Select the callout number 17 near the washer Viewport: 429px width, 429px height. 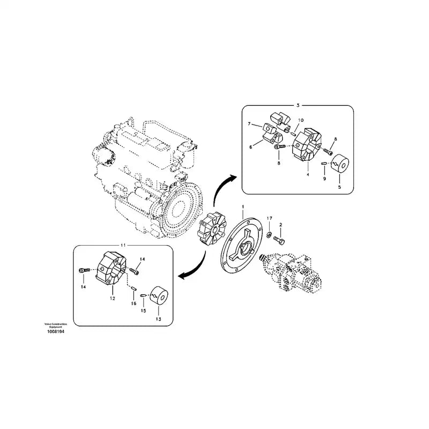(x=270, y=218)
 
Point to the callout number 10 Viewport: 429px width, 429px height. (x=300, y=120)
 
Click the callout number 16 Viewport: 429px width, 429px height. (x=133, y=303)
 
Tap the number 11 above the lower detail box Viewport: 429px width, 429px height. (x=123, y=244)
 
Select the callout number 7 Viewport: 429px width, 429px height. (x=249, y=124)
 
